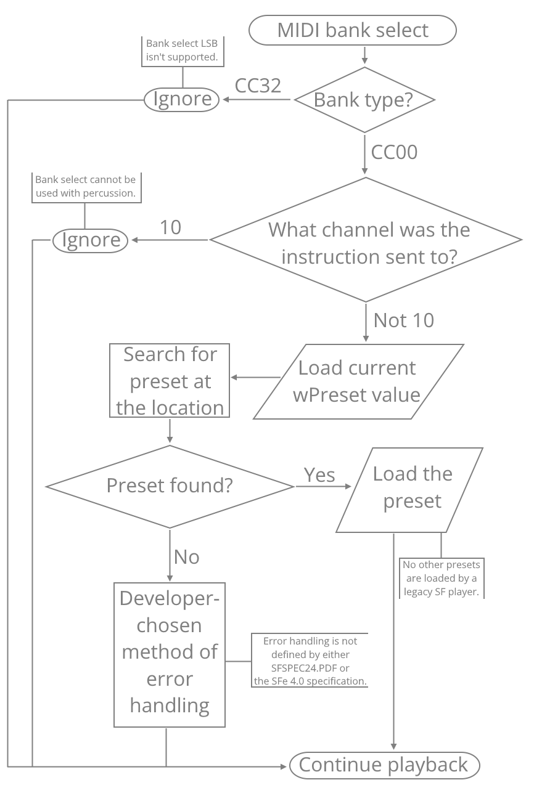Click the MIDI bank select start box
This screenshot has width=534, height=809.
point(353,30)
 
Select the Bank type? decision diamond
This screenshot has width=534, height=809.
point(364,100)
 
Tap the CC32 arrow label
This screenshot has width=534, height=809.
point(258,86)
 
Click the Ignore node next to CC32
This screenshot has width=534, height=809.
point(182,99)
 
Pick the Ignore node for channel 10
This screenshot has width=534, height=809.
point(91,240)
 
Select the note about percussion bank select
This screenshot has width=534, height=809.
point(85,187)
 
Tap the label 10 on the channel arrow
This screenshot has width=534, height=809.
point(171,227)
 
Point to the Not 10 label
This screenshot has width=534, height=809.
point(404,320)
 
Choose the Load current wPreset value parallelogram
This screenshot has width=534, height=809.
point(358,381)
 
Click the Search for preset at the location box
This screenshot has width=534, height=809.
point(170,381)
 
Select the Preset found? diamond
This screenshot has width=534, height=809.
point(170,486)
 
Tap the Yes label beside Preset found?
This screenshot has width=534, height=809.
point(319,475)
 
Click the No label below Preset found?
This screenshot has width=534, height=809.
point(187,557)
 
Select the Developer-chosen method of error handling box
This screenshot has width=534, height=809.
point(170,653)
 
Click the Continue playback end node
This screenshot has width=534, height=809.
point(384,765)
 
